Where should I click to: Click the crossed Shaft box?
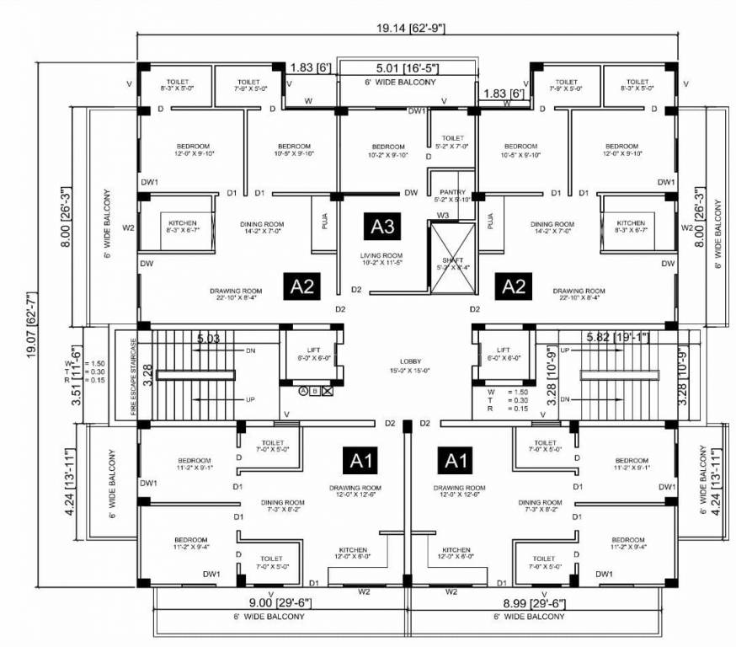(451, 263)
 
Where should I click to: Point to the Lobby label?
(410, 365)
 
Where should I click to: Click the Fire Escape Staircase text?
(132, 374)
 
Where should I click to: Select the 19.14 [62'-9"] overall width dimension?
(411, 28)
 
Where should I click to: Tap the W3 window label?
(442, 216)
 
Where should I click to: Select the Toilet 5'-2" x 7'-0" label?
(452, 141)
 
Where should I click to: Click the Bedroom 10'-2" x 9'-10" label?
(388, 150)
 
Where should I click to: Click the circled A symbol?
(302, 391)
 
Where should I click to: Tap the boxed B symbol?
(315, 391)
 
